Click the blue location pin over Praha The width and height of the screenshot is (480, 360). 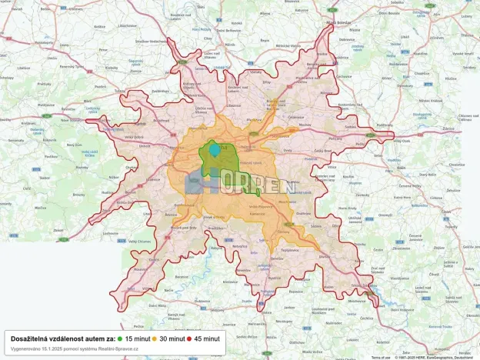(214, 149)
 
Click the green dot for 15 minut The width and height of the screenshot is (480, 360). (121, 338)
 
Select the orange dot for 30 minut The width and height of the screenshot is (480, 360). (154, 338)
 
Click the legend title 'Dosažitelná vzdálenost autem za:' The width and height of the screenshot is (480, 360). (62, 338)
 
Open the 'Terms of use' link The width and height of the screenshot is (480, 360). (380, 358)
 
